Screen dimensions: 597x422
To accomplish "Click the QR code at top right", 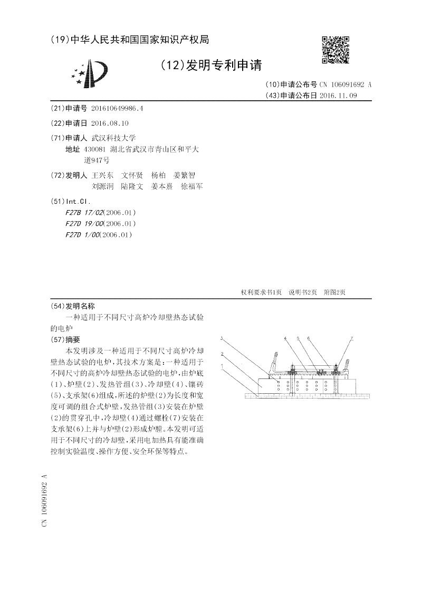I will coord(335,50).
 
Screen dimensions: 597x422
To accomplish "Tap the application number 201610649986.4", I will coord(117,108).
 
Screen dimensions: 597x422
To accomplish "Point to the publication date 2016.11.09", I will coord(338,95).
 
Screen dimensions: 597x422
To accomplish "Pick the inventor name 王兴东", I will coord(102,175).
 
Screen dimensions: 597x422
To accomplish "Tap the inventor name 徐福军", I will coord(191,186).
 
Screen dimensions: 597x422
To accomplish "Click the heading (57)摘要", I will coord(65,339).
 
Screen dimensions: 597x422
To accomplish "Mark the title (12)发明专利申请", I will coord(210,65).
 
